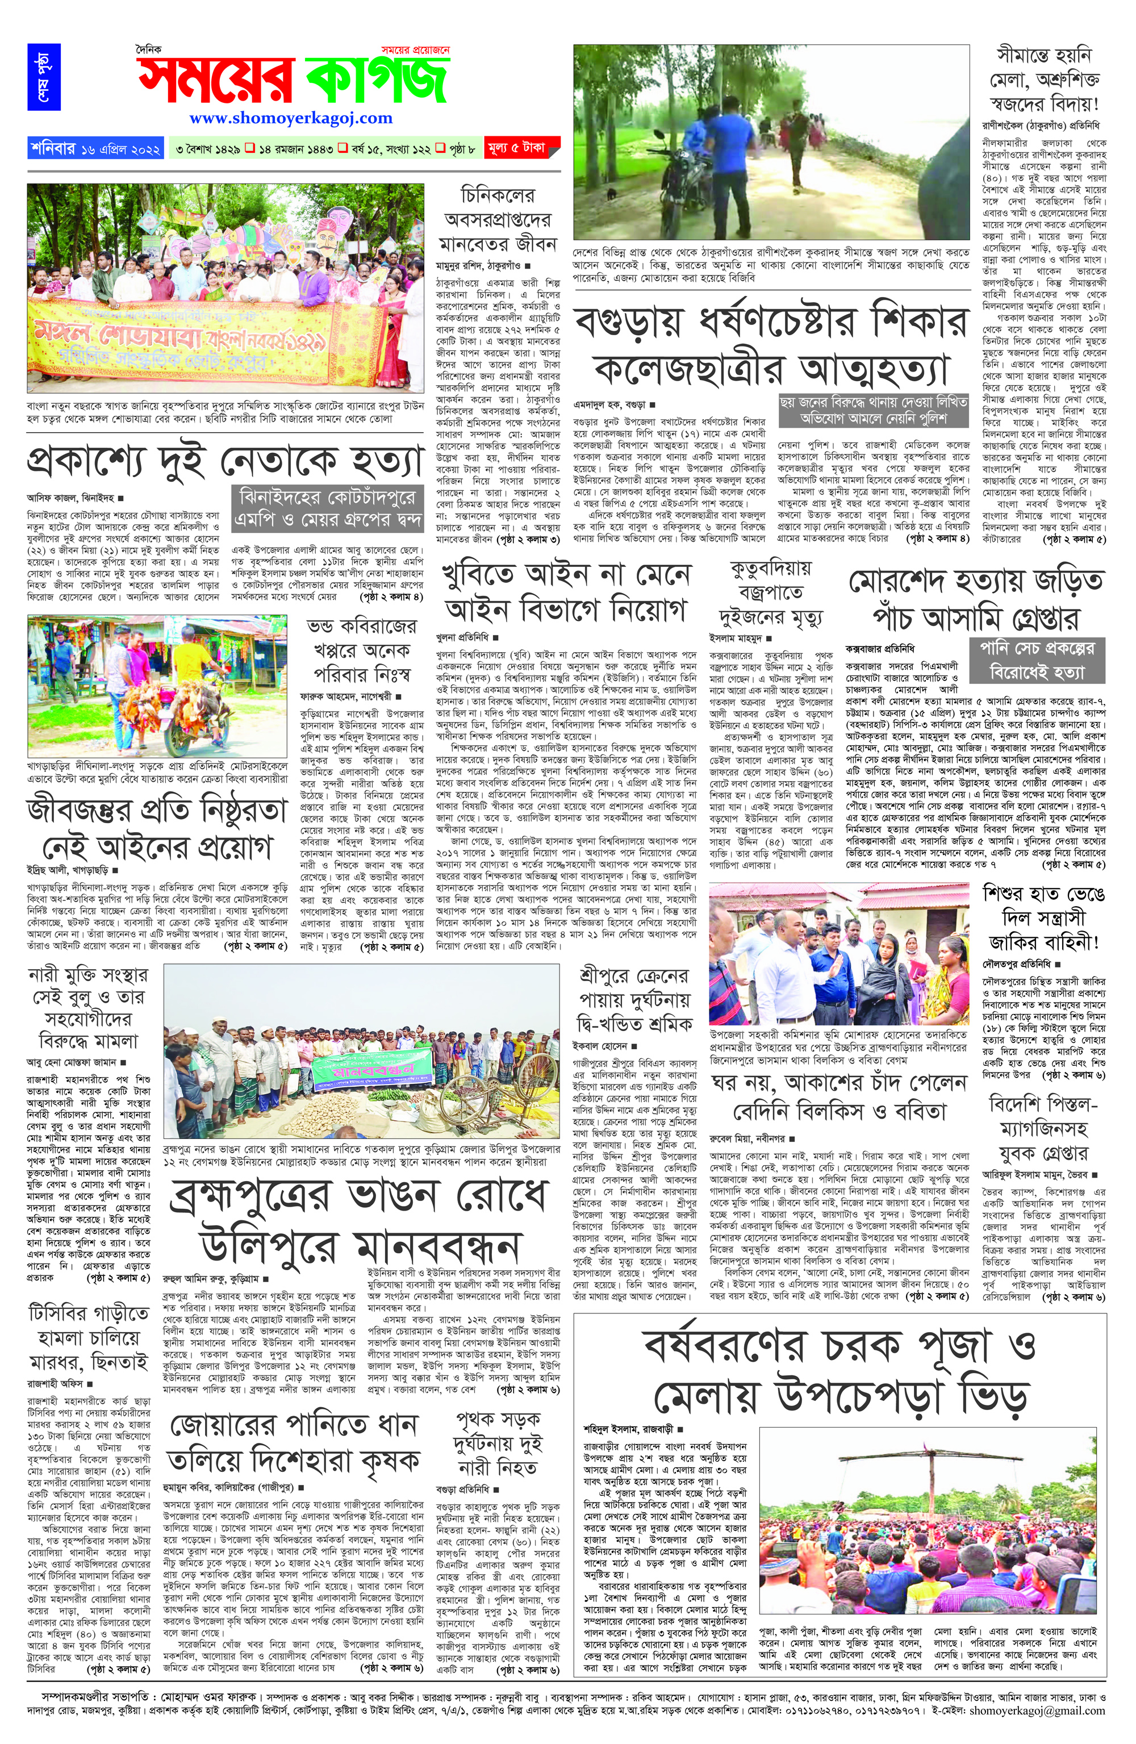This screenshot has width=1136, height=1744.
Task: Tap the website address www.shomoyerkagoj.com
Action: coord(290,118)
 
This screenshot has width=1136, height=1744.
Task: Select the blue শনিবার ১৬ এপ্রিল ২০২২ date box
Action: coord(96,148)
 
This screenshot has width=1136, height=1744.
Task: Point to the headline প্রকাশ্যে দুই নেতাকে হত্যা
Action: coord(224,462)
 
